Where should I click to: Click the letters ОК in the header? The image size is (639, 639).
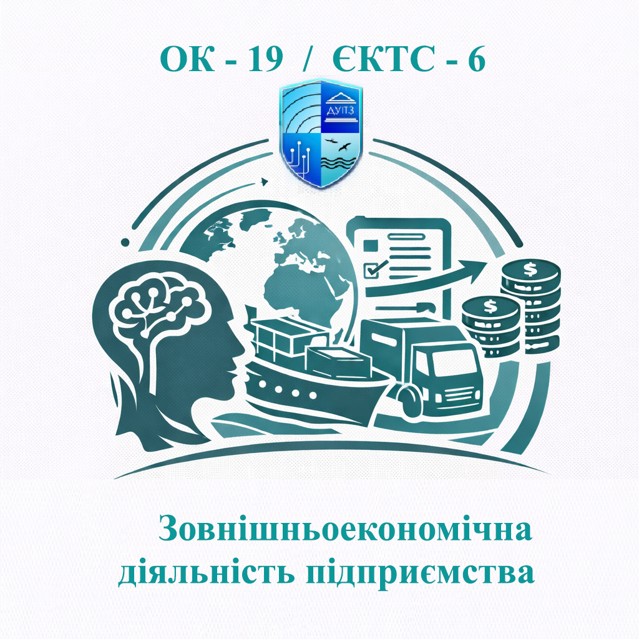pyautogui.click(x=183, y=60)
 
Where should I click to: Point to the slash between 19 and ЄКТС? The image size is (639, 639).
pyautogui.click(x=306, y=60)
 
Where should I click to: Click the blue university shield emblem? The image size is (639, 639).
pyautogui.click(x=319, y=134)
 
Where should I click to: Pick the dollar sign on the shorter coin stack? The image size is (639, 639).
pyautogui.click(x=490, y=306)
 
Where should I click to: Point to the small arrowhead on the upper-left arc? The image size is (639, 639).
pyautogui.click(x=265, y=182)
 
